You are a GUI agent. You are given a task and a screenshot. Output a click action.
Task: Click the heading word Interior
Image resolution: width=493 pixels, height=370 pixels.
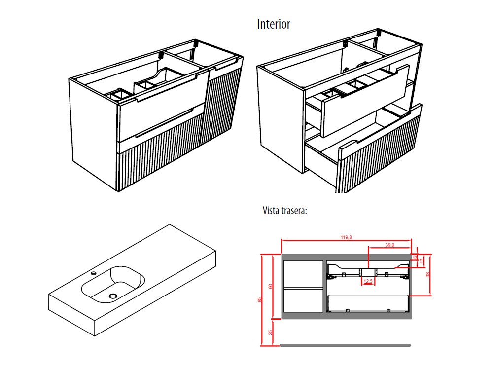point(274,24)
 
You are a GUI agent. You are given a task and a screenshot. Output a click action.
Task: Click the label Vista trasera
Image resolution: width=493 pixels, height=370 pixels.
point(285,211)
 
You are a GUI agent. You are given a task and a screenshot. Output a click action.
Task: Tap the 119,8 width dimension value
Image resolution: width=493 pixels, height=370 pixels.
point(346,237)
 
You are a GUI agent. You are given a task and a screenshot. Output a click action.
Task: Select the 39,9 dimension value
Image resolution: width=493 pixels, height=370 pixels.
point(389,244)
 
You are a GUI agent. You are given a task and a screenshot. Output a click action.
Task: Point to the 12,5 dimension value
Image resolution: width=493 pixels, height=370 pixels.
point(368,281)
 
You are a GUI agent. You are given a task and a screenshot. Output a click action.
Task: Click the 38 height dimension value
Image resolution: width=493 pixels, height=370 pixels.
point(428,274)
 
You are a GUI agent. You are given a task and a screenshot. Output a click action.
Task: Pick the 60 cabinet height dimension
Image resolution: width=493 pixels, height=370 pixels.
point(270,286)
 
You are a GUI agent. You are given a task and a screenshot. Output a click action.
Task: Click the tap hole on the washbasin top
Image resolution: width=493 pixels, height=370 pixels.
point(93,272)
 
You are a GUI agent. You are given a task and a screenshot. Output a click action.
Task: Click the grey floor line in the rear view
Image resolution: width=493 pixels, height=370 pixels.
point(345,345)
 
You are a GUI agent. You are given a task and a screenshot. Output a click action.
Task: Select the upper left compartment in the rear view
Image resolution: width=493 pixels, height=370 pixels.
point(302,273)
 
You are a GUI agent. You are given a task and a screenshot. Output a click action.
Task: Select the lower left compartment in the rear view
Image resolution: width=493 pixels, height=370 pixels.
point(302,299)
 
